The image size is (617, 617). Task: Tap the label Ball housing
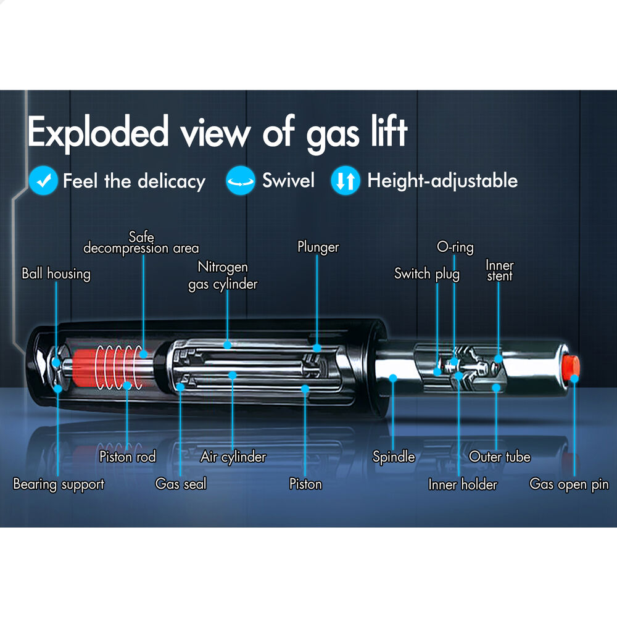tap(56, 273)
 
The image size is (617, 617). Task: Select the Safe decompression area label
tap(141, 242)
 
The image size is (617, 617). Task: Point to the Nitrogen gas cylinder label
tap(223, 275)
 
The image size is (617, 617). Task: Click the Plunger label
tap(318, 247)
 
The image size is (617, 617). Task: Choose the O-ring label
tap(455, 247)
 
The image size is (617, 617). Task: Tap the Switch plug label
tap(427, 273)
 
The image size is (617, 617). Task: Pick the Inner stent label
tap(500, 270)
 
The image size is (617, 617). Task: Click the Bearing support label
tap(59, 484)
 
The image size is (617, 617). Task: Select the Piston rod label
tap(128, 457)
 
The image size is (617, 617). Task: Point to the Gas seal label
tap(181, 484)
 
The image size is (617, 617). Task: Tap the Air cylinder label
tap(233, 457)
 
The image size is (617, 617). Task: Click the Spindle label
tap(394, 457)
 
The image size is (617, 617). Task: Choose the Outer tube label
tap(500, 457)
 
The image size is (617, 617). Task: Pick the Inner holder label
tap(463, 484)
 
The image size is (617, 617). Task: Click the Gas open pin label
tap(569, 484)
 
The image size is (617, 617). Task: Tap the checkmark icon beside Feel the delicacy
tap(43, 181)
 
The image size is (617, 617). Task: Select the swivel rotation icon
tap(240, 181)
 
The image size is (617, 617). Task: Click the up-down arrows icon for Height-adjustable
tap(346, 181)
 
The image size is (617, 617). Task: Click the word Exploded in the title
tap(98, 133)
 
